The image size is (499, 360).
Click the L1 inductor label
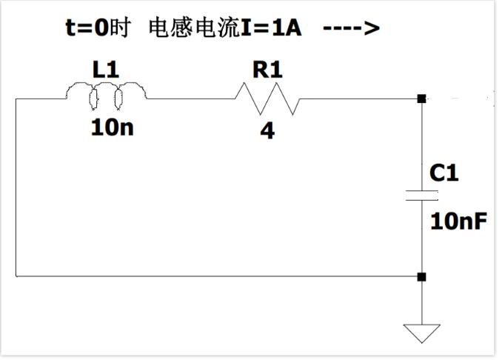click(x=106, y=71)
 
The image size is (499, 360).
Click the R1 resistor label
click(x=267, y=70)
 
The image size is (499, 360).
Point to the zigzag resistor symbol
click(x=267, y=98)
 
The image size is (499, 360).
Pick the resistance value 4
click(x=267, y=132)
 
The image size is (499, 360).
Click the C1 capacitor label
click(x=444, y=173)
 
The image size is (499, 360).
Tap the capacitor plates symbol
click(x=421, y=196)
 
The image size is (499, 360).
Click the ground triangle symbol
click(x=421, y=333)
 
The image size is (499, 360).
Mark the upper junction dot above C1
click(x=421, y=99)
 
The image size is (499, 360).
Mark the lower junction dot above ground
click(x=421, y=277)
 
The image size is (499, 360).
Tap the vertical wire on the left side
click(x=16, y=185)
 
